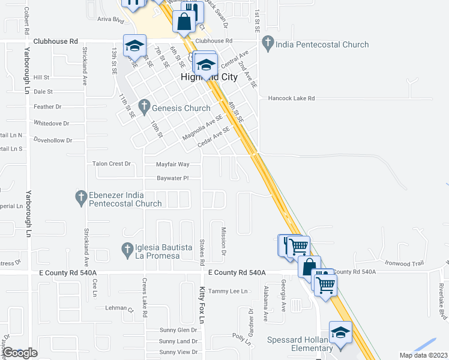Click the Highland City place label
point(209,77)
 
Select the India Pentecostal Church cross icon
point(268,44)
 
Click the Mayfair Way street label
point(172,164)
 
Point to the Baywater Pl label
point(172,178)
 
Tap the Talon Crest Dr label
point(111,163)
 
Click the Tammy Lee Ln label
point(228,291)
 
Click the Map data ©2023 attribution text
point(424,355)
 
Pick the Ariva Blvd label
point(110,20)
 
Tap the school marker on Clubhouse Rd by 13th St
point(134,46)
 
